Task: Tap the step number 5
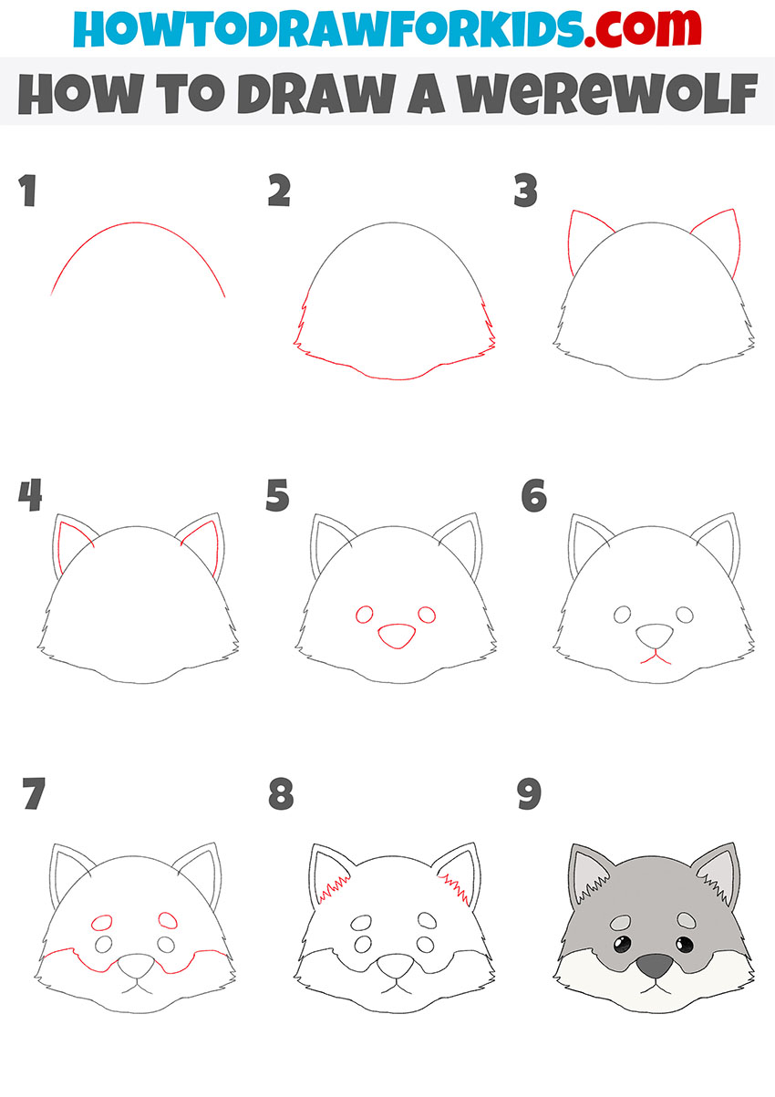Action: tap(278, 497)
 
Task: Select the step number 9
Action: tap(528, 794)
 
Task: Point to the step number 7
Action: tap(34, 794)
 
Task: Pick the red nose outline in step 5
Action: tap(397, 636)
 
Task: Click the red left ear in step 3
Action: tap(578, 239)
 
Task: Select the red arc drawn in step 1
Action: tap(137, 225)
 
